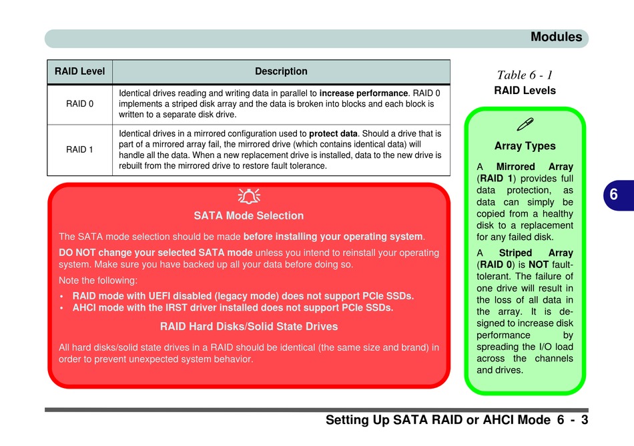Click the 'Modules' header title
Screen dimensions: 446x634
tap(556, 37)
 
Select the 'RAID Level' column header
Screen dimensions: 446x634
tap(79, 71)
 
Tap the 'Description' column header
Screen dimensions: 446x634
tap(281, 71)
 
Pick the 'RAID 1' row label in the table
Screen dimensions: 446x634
tap(79, 149)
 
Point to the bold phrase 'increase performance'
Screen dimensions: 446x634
tap(364, 93)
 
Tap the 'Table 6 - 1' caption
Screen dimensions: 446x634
tap(525, 75)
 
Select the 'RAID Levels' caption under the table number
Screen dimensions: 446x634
tap(525, 91)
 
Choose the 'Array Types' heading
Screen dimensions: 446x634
tap(525, 146)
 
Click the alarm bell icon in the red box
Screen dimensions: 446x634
tap(248, 196)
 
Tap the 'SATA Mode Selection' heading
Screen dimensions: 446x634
tap(248, 215)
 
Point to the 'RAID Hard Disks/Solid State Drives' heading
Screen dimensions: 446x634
tap(248, 326)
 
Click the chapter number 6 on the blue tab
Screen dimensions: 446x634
tap(613, 195)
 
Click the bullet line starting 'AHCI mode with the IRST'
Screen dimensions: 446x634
tap(233, 308)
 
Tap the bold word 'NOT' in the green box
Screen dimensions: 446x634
tap(539, 265)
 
